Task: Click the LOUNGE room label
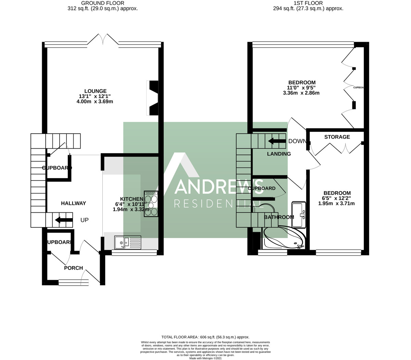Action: [96, 91]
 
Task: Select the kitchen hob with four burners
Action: [151, 204]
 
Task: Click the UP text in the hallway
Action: [84, 220]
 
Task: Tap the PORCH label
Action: [74, 268]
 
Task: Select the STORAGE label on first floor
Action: [337, 137]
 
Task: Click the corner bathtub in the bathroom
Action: [284, 237]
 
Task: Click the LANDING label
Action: [279, 154]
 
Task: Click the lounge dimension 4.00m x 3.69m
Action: [95, 102]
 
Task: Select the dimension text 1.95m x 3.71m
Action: [336, 203]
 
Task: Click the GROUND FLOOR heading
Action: [103, 3]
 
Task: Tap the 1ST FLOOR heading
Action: [308, 3]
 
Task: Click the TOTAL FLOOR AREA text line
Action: [206, 337]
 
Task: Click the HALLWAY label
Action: [73, 203]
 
